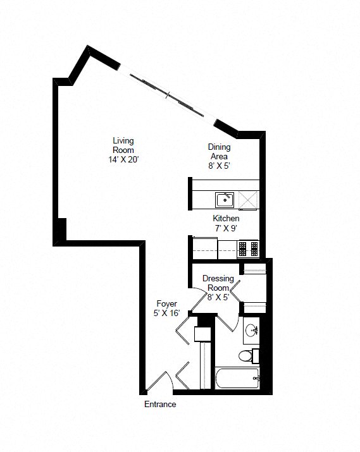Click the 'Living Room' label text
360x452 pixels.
pos(123,145)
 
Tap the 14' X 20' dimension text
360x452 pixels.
pos(123,160)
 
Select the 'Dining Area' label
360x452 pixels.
pos(220,152)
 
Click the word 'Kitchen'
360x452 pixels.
pos(226,218)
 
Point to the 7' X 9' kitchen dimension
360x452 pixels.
pos(226,228)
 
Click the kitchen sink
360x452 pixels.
pos(225,200)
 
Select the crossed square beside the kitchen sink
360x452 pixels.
pos(247,200)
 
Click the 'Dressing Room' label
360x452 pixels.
pos(218,283)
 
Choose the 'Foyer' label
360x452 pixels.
pos(167,303)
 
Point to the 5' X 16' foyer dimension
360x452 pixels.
pos(167,313)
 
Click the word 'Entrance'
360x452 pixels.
pos(160,405)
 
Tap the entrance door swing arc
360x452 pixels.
pos(158,379)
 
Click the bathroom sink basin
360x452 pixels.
pos(252,329)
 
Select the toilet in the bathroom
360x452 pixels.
pos(247,357)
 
